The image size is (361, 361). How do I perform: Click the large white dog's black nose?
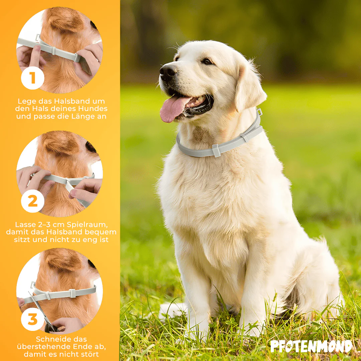pos(167,71)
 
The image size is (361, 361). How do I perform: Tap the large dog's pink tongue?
pos(173,109)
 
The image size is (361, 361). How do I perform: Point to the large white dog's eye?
pos(207,61)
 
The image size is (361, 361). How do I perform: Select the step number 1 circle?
pos(32,78)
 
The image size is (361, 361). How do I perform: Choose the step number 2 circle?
pos(32,201)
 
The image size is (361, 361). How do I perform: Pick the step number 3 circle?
pos(32,319)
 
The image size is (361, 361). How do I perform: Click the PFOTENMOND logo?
pos(311,346)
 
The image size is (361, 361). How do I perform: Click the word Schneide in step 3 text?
pos(50,339)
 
